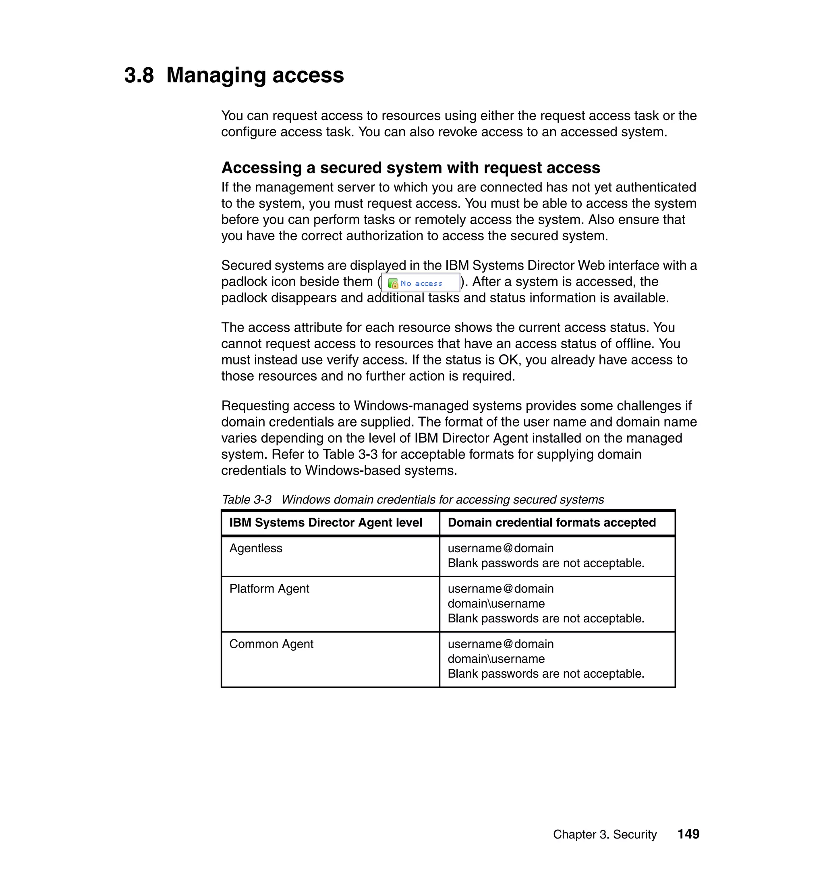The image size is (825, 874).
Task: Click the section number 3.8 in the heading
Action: (x=139, y=75)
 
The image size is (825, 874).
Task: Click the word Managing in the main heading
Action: (x=215, y=75)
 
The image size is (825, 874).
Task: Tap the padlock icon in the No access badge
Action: (x=393, y=284)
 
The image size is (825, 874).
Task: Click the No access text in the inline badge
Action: (x=421, y=284)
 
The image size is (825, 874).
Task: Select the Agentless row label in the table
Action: (x=255, y=548)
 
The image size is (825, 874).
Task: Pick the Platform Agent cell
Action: (x=269, y=589)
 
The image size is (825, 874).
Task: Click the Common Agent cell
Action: (x=272, y=644)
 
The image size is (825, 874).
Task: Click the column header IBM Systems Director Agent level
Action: (x=325, y=523)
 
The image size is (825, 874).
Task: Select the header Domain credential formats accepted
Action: (x=551, y=523)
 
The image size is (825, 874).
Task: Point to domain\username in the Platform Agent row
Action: (x=496, y=604)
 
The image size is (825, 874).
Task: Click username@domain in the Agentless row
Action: (x=500, y=548)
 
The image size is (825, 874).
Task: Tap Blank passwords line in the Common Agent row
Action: (x=546, y=674)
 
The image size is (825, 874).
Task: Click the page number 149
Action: (x=688, y=834)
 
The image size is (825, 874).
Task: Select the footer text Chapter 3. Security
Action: (x=605, y=834)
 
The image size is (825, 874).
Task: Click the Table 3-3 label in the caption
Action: (x=247, y=500)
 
